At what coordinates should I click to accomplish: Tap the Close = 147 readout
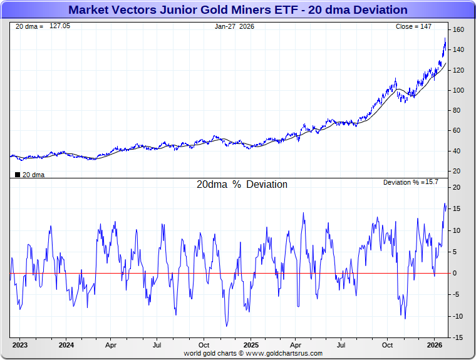pos(413,26)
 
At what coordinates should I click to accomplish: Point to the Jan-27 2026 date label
pos(234,26)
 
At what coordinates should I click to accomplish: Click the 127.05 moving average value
pos(60,26)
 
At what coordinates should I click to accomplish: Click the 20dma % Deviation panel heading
pos(242,185)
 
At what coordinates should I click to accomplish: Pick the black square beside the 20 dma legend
pos(17,175)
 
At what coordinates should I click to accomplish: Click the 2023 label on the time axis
pos(20,345)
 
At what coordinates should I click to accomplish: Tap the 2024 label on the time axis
pos(66,345)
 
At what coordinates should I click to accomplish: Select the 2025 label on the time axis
pos(251,345)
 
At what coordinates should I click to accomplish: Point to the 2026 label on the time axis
pos(435,345)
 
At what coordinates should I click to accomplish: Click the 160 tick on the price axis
pos(458,30)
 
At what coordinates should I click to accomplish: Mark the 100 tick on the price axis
pos(458,90)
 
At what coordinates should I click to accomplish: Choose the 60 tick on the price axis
pos(457,130)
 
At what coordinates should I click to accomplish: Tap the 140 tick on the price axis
pos(458,50)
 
